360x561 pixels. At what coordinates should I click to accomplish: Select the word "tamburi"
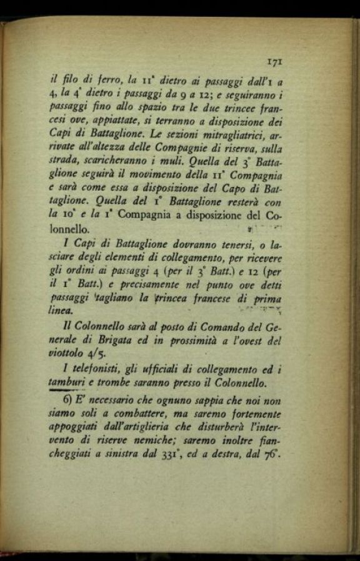coord(66,383)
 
